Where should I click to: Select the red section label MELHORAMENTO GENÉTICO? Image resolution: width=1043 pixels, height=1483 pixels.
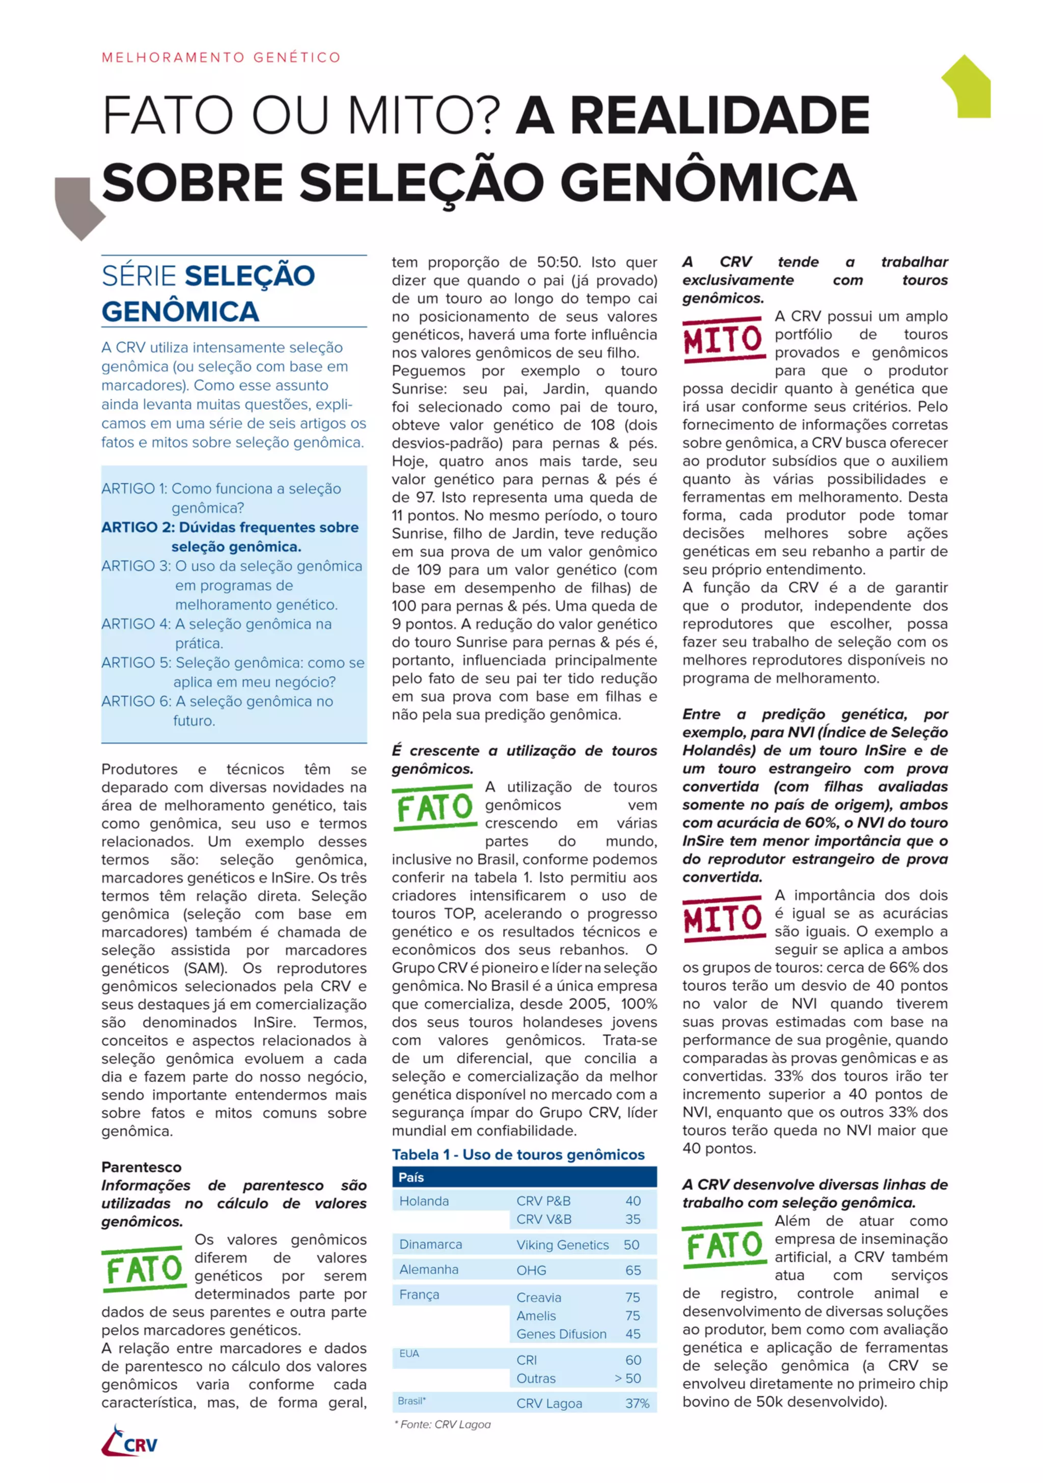click(x=221, y=58)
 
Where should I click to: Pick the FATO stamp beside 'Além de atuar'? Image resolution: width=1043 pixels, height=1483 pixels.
click(x=723, y=1245)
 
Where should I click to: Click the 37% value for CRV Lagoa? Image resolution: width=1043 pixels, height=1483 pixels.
click(x=637, y=1404)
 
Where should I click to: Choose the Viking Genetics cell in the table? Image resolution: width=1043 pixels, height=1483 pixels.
click(x=562, y=1245)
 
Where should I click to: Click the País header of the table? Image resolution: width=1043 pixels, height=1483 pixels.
click(x=411, y=1177)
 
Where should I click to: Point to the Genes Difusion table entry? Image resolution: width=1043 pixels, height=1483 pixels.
click(x=561, y=1334)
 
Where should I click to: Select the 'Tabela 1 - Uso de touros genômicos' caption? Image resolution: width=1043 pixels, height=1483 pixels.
click(x=518, y=1154)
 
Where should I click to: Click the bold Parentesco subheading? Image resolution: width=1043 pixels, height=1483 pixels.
click(x=142, y=1167)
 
